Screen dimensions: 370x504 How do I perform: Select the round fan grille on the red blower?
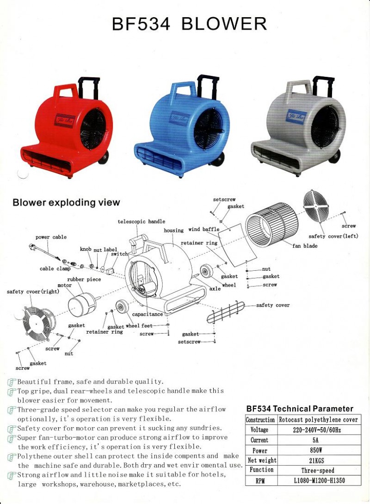click(93, 129)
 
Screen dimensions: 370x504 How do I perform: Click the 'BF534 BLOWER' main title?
click(189, 24)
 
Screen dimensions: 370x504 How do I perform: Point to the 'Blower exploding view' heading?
click(66, 203)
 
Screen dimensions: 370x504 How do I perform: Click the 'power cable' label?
click(51, 237)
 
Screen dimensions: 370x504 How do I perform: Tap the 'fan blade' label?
click(305, 246)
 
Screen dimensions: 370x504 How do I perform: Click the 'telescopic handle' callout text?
click(142, 222)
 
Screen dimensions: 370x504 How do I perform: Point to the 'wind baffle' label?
click(203, 229)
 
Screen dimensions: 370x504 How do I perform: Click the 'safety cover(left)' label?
click(333, 236)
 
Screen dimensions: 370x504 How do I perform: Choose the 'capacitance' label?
click(148, 314)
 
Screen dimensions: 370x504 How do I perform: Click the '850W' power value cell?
click(316, 450)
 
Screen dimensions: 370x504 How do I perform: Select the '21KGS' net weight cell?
click(316, 460)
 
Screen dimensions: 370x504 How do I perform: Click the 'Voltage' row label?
click(259, 430)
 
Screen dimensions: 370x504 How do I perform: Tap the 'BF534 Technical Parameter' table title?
click(300, 409)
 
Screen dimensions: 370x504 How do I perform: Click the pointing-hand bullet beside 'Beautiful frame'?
click(12, 382)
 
